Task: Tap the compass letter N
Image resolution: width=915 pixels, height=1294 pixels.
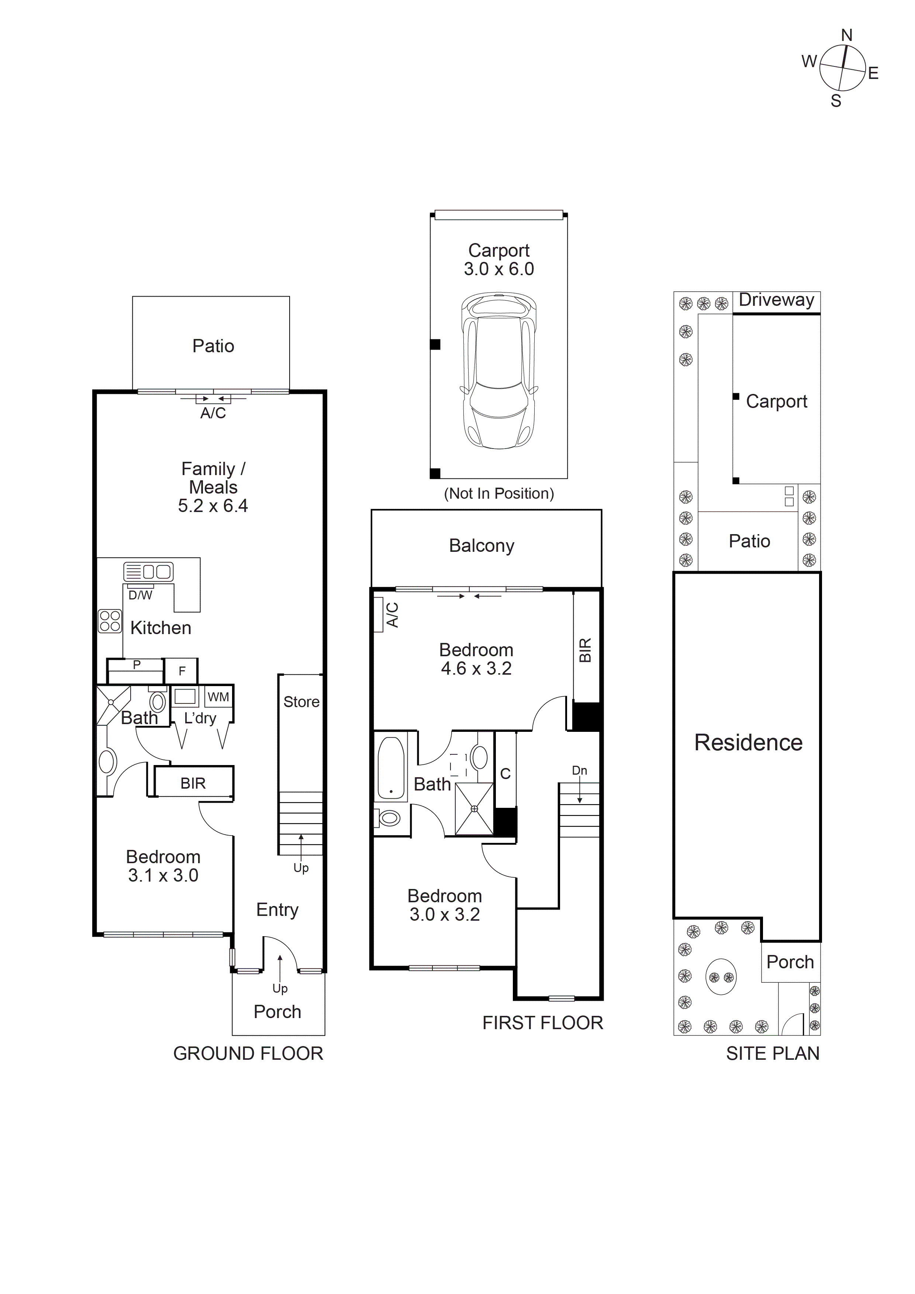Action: pyautogui.click(x=846, y=35)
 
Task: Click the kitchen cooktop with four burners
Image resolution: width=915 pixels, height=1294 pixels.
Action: pyautogui.click(x=110, y=622)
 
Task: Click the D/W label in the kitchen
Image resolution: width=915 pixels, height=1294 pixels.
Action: pyautogui.click(x=140, y=595)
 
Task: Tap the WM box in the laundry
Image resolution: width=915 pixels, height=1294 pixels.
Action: pyautogui.click(x=218, y=697)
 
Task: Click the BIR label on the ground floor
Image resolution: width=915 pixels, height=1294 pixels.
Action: pyautogui.click(x=193, y=783)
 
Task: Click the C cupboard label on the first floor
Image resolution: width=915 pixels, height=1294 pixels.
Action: pyautogui.click(x=505, y=774)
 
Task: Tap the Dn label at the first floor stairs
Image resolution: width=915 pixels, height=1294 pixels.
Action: pyautogui.click(x=579, y=771)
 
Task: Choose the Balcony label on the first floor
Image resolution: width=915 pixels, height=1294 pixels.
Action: pyautogui.click(x=481, y=546)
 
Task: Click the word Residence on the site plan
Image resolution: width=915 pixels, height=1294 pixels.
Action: pyautogui.click(x=748, y=743)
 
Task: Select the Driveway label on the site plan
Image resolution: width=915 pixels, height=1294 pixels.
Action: pyautogui.click(x=776, y=300)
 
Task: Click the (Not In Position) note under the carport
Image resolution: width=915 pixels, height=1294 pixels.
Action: pyautogui.click(x=498, y=494)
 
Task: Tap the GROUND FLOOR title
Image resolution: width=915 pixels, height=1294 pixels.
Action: pyautogui.click(x=248, y=1053)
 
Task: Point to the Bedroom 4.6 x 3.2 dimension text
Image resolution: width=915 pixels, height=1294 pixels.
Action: pyautogui.click(x=476, y=668)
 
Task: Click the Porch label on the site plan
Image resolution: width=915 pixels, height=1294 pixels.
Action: pyautogui.click(x=790, y=962)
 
